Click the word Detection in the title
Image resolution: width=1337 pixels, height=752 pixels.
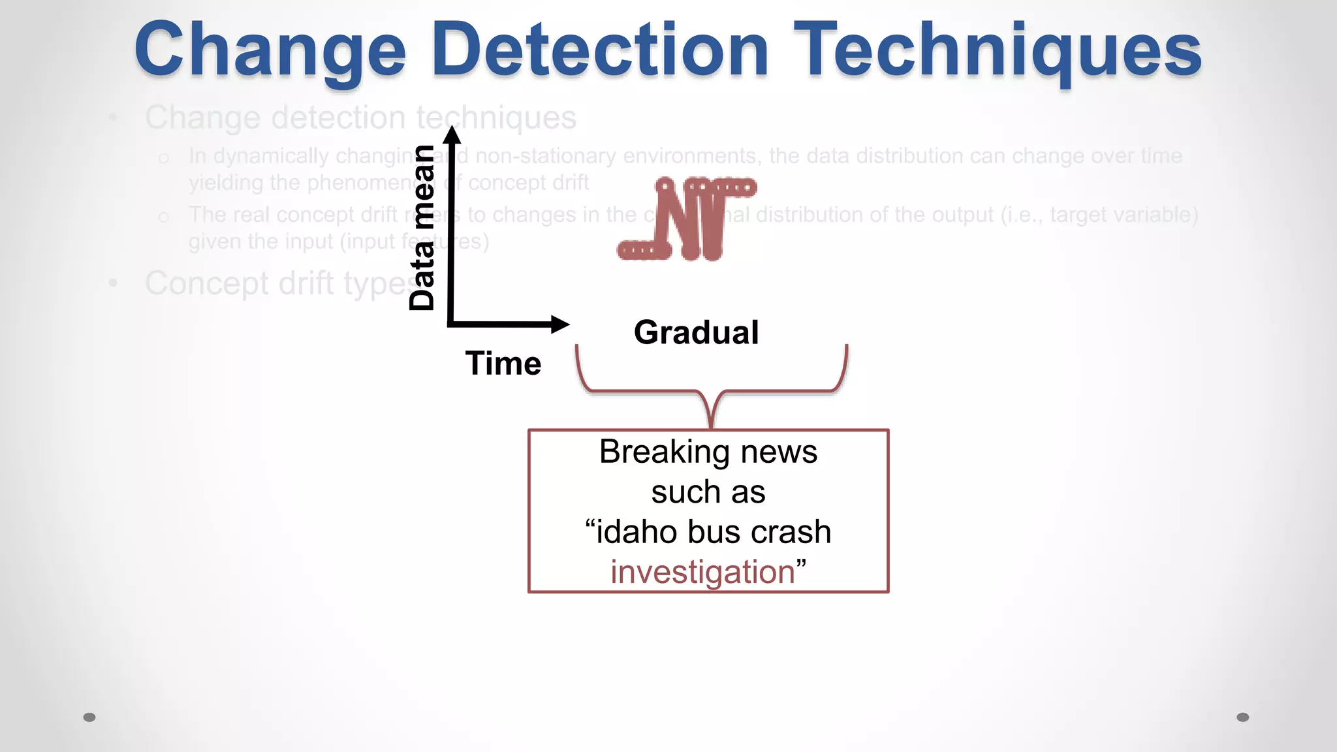tap(600, 51)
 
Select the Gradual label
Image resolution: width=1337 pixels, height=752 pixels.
tap(696, 332)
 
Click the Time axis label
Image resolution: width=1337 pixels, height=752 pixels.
tap(503, 364)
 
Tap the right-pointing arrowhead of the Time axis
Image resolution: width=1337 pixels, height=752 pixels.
tap(559, 324)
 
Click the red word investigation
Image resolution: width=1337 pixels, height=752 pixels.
tap(702, 572)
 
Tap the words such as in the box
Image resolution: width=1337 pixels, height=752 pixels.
tap(708, 492)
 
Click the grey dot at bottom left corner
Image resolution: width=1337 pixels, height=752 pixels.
tap(89, 717)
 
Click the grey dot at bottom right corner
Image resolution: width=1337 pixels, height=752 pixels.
tap(1242, 717)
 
